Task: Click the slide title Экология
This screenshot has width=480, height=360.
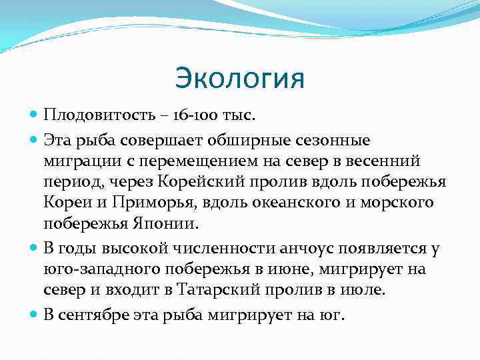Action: (x=239, y=78)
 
